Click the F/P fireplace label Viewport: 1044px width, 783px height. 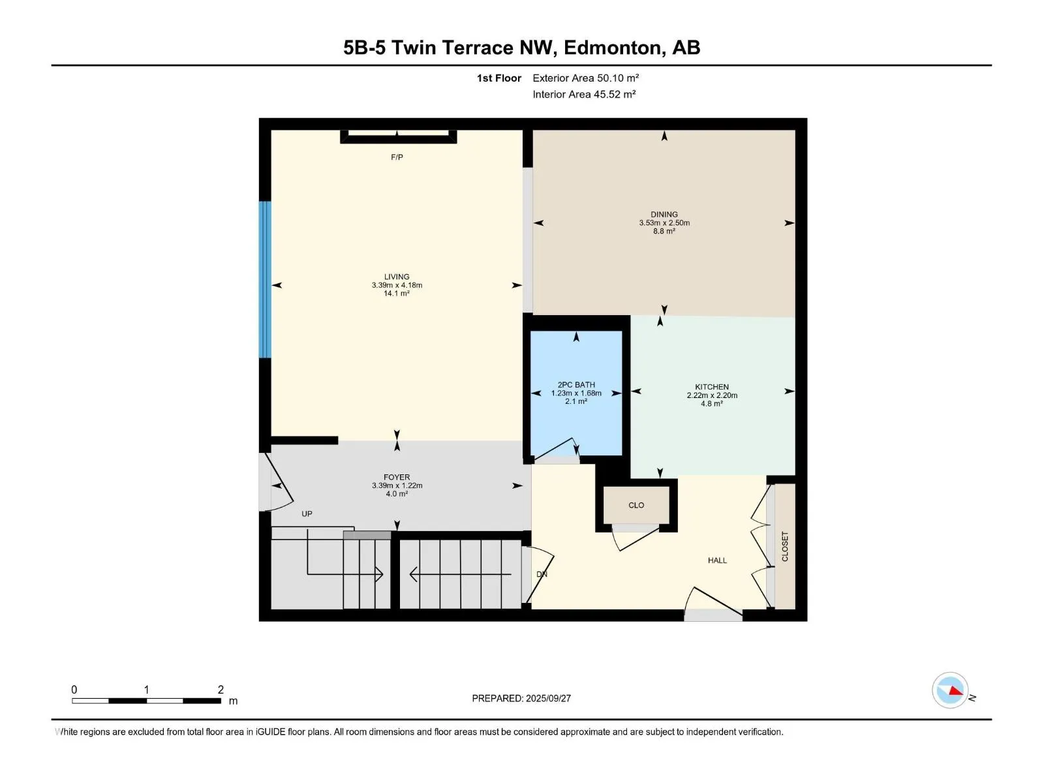(397, 157)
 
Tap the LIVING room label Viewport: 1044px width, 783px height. (397, 277)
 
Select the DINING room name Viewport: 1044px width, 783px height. (664, 215)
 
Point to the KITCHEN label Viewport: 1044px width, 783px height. (711, 387)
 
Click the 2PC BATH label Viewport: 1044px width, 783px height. (576, 384)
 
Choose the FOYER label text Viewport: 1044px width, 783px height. (397, 478)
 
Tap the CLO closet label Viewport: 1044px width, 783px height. (636, 505)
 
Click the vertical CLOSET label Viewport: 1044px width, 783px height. (785, 546)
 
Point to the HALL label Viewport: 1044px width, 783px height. (717, 560)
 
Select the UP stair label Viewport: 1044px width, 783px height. (307, 514)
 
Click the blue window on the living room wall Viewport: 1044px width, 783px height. (265, 279)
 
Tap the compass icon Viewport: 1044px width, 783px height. (950, 690)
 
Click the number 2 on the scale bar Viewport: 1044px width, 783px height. (221, 689)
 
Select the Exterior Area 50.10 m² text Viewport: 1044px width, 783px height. (585, 78)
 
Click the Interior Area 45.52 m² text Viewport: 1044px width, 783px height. (584, 94)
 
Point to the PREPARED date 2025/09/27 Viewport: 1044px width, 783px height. (548, 698)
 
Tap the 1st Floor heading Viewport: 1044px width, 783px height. (499, 78)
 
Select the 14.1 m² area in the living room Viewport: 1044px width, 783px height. (397, 294)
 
